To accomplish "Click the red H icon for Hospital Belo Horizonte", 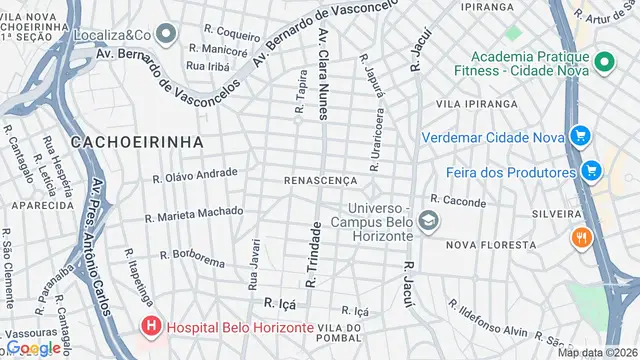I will coord(151,327).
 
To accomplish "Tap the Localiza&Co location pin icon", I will coord(167,35).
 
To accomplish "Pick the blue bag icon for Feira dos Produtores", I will coord(591,171).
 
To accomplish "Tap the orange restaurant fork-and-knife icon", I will coord(580,238).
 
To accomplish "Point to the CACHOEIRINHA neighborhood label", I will coord(136,142).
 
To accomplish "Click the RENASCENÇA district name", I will coord(320,181).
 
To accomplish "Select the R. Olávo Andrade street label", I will coord(195,176).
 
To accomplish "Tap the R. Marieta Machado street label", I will coord(194,213).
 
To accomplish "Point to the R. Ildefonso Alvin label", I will coord(487,317).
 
